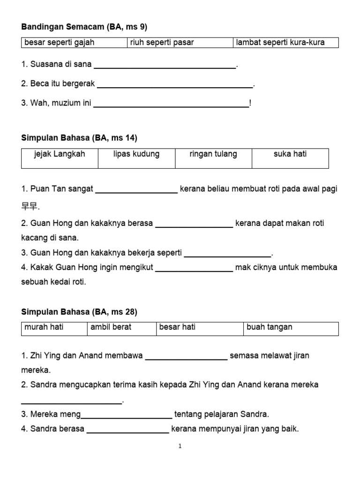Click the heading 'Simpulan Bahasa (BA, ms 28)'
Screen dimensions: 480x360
(79, 312)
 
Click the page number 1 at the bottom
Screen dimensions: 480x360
(180, 446)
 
